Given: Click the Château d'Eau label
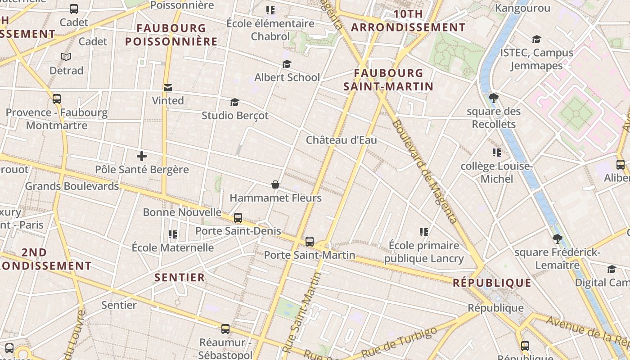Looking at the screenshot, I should point(341,140).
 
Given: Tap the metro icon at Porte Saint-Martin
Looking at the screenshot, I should point(310,242).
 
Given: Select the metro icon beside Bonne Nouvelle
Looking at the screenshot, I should point(238,218).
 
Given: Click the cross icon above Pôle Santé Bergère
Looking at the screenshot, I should point(142,157).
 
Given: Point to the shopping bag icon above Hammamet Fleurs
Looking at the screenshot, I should point(275,184).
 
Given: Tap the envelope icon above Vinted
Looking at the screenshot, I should point(168,88).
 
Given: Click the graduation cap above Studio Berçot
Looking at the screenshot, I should point(234,103).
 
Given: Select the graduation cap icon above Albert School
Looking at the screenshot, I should point(287,64).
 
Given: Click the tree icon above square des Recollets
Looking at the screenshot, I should point(494,98).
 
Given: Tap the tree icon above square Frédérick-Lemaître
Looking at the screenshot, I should point(558,239).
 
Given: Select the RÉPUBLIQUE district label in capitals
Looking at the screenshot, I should point(492,283).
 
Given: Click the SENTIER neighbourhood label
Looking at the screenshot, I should point(180,277).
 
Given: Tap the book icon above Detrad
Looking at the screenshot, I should point(66,57).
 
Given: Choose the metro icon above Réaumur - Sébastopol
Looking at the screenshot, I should point(225,329).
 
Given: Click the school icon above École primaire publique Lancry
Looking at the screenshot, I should point(423,232).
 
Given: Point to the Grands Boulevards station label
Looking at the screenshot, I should point(72,186).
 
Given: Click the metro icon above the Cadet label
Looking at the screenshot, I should point(74,9).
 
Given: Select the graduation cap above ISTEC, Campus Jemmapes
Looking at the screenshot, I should point(536,40).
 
